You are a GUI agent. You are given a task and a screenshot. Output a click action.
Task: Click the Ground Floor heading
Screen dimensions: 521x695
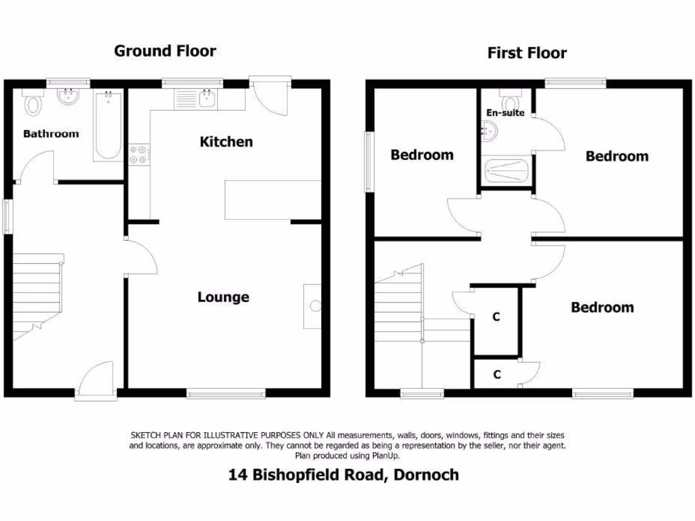coord(165,51)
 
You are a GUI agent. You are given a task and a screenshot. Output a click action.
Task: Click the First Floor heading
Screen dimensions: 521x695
coord(527,53)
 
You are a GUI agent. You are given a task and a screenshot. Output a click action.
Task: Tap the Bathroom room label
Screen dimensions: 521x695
coord(51,134)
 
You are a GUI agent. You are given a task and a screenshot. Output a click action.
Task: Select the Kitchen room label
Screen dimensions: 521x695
coord(226,142)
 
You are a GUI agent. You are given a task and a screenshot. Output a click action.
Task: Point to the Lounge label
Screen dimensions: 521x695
coord(223,297)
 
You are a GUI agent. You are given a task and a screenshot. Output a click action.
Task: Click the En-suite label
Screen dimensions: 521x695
coord(505,113)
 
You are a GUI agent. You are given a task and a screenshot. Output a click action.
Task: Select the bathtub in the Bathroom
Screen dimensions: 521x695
coord(107,126)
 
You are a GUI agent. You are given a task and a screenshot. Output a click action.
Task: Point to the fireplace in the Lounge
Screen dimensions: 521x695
coord(312,306)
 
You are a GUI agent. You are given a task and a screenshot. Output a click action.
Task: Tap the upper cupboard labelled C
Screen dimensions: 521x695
coord(496,317)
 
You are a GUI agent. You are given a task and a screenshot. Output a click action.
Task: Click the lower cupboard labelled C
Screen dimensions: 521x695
coord(496,374)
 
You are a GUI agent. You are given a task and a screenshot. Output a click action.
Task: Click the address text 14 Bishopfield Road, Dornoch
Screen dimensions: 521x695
coord(343,475)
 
